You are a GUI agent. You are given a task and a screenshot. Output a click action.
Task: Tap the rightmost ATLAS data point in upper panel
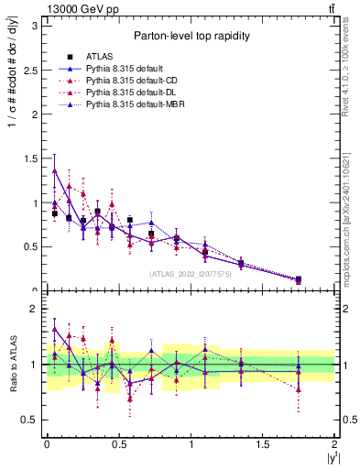click(299, 279)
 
